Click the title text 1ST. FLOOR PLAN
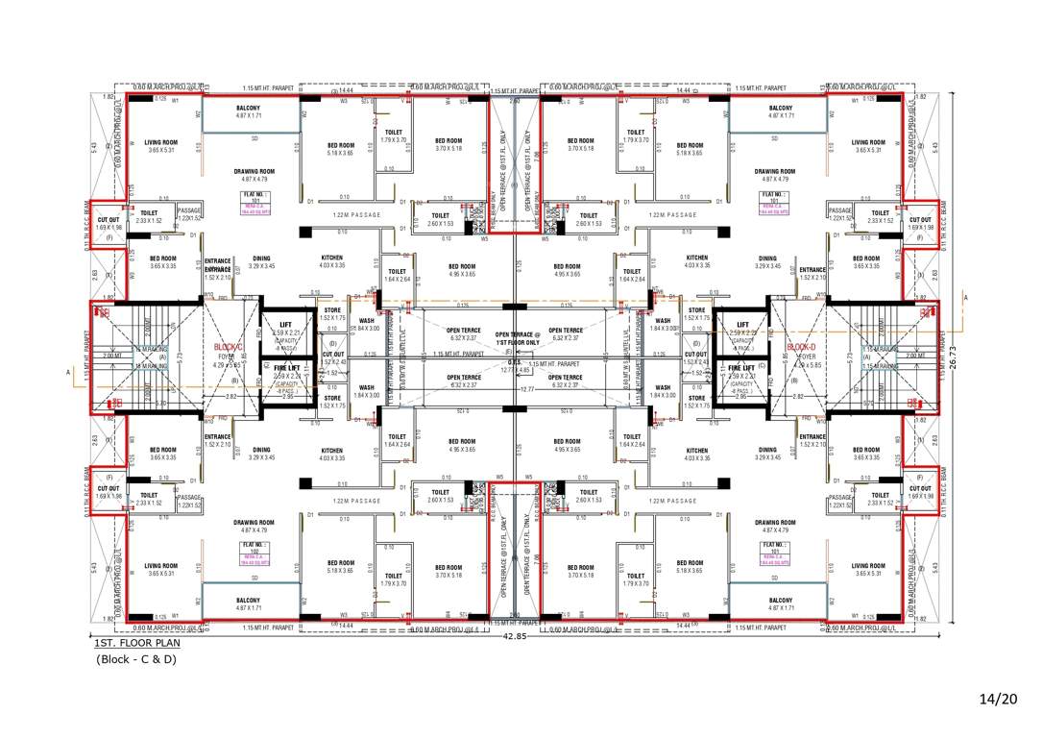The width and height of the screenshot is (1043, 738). click(134, 643)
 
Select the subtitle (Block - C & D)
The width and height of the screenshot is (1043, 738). click(137, 659)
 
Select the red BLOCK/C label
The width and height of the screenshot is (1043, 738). click(229, 347)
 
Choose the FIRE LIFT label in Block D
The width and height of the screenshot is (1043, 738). click(741, 368)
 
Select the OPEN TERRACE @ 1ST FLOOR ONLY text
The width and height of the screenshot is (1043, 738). click(518, 338)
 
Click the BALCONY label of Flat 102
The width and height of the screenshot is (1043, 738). click(249, 600)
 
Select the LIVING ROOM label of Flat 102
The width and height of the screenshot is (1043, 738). click(161, 566)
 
